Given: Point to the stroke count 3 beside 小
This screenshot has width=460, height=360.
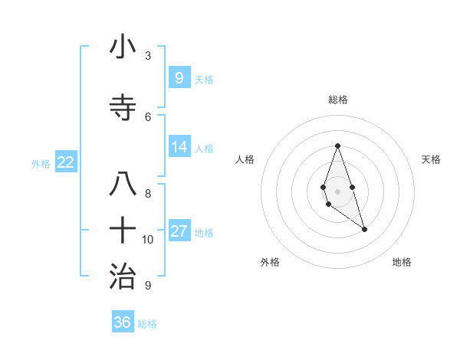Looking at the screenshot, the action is click(147, 56).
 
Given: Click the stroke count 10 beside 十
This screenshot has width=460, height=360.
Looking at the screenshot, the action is click(148, 240).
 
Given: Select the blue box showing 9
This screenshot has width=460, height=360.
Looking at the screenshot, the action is click(179, 77).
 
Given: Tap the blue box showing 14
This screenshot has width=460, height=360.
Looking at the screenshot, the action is click(179, 146).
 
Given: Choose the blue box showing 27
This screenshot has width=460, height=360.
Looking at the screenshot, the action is click(179, 231).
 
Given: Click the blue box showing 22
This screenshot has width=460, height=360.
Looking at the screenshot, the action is click(65, 162).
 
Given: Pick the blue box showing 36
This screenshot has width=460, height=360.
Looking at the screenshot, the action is click(122, 322).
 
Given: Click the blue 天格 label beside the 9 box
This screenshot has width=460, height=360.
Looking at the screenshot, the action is click(203, 79).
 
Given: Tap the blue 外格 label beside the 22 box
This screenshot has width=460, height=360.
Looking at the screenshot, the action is click(41, 164).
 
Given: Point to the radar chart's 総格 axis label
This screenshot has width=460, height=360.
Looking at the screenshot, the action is click(337, 100).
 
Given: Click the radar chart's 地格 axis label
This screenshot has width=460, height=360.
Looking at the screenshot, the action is click(402, 262).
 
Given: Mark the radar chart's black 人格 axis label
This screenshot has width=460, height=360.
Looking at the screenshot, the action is click(245, 159).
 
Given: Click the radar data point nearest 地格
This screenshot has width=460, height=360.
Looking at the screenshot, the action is click(364, 229).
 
